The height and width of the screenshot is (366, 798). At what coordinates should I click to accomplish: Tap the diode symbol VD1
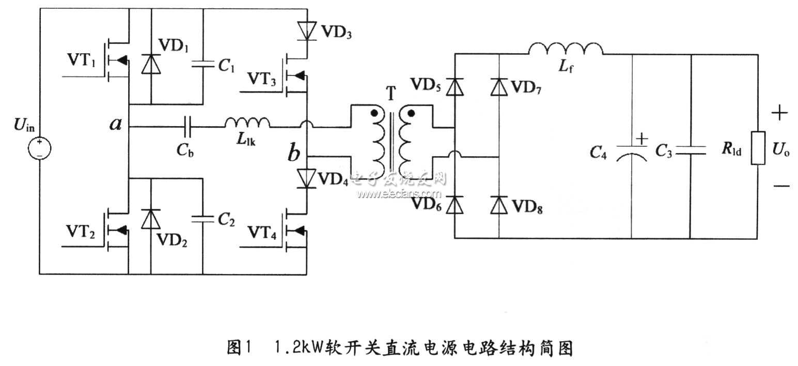click(x=151, y=65)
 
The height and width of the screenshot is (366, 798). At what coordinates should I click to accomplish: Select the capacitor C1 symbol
click(x=202, y=65)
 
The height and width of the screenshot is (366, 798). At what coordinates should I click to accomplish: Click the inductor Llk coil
click(x=247, y=123)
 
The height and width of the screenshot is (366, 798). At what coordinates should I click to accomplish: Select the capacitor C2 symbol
click(x=202, y=219)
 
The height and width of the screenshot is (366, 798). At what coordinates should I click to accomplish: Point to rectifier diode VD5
click(x=455, y=86)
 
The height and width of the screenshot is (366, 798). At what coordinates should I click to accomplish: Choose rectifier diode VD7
click(x=498, y=86)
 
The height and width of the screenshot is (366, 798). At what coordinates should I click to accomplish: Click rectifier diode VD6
click(x=455, y=205)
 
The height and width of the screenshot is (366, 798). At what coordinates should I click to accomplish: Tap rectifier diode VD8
click(x=498, y=205)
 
